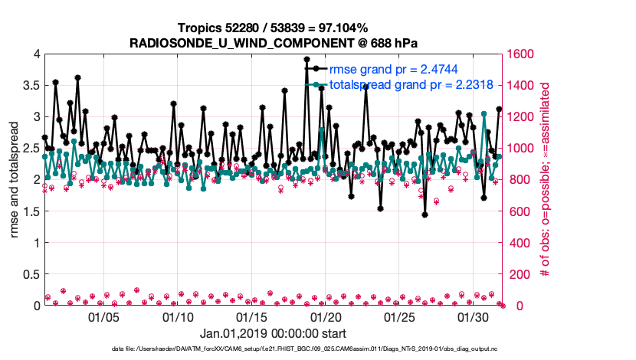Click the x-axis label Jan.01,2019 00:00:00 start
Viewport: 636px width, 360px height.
click(273, 334)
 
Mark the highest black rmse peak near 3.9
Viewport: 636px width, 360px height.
click(307, 59)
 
